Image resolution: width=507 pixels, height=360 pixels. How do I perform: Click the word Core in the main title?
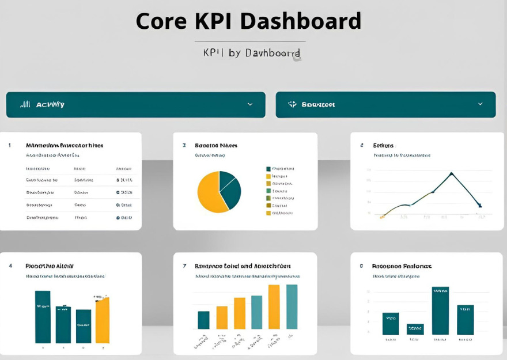(x=161, y=21)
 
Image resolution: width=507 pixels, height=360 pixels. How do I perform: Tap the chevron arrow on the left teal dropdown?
(x=250, y=104)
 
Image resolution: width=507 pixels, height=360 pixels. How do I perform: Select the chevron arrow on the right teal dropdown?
(x=480, y=104)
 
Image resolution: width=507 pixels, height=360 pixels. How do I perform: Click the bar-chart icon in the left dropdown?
(x=25, y=105)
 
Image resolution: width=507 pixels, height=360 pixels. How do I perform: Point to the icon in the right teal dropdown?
(x=292, y=104)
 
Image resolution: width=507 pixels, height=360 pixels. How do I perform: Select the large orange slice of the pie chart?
(x=209, y=193)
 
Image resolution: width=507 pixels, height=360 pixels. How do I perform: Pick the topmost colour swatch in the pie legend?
(x=268, y=169)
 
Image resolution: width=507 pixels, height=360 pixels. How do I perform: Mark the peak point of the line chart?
(x=451, y=173)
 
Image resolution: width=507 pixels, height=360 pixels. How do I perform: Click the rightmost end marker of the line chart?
(x=480, y=205)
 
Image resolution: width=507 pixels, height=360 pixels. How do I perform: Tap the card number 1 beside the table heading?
(x=10, y=145)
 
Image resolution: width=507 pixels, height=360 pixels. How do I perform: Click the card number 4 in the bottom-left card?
(x=10, y=266)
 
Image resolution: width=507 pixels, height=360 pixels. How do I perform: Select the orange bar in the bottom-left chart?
(x=102, y=320)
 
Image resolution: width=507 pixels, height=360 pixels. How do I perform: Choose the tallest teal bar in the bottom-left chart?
(x=43, y=317)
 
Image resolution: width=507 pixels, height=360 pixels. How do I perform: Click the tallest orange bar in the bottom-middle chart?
(x=274, y=306)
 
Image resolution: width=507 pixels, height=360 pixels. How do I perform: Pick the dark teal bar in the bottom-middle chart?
(x=203, y=320)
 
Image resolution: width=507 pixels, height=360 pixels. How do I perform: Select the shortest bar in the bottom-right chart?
(x=415, y=329)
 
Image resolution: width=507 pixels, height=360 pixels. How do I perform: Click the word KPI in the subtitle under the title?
(x=213, y=53)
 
